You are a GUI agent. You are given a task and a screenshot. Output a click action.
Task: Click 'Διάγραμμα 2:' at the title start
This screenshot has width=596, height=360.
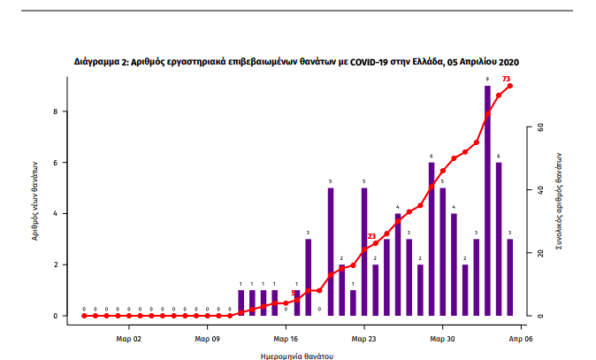102,63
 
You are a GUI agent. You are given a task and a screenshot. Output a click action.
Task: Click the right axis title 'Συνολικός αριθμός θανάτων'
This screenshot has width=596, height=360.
560,201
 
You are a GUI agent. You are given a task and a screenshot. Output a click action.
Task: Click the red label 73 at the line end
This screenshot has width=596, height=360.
506,79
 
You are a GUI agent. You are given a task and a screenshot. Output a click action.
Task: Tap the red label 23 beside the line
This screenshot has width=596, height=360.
371,236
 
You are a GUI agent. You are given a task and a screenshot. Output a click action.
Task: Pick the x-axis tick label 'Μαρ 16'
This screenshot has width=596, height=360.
286,337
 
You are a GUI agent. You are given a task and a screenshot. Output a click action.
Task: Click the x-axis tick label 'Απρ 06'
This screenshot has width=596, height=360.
519,337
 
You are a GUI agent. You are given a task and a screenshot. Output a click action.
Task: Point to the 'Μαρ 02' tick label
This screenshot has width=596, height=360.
129,337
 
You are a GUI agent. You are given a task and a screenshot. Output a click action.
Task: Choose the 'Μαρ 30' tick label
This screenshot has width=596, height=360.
442,337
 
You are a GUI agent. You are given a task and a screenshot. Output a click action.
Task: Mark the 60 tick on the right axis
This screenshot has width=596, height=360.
539,127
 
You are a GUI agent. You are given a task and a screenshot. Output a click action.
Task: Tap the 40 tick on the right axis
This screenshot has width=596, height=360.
539,190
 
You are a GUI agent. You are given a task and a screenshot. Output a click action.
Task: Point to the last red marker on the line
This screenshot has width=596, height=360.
510,86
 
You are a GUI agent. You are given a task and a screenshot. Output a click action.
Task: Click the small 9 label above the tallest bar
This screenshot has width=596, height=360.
487,80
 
